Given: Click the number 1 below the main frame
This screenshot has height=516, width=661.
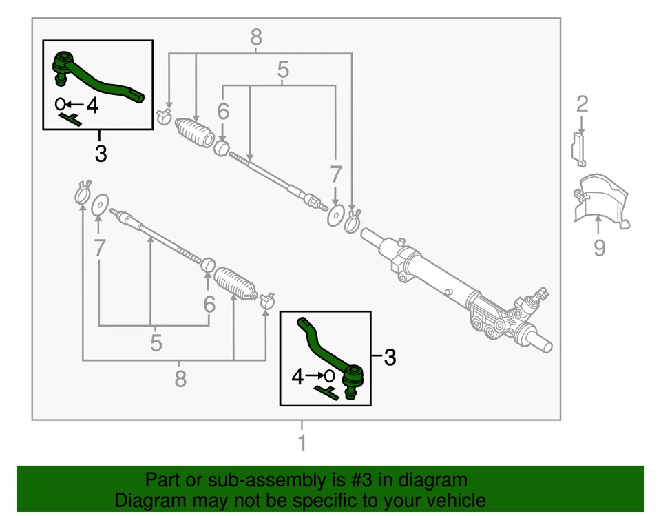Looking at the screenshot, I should (x=302, y=442).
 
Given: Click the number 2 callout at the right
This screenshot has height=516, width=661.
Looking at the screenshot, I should (x=583, y=105).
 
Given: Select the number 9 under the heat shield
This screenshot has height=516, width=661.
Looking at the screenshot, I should (x=599, y=247).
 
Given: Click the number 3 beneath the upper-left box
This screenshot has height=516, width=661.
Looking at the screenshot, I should (x=101, y=153).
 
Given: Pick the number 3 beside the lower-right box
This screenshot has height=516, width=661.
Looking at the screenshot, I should (x=390, y=358).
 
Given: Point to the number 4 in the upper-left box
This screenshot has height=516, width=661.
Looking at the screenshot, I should (x=92, y=105).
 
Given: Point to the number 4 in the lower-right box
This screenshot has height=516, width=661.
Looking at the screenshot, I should (x=297, y=377).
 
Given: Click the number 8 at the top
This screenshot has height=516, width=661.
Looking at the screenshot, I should (x=256, y=37).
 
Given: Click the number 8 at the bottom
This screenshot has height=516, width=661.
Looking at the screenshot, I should (x=180, y=378).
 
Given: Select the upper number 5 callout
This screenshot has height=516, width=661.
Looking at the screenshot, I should (x=283, y=70).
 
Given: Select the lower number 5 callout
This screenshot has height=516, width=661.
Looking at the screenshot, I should (x=156, y=342).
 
